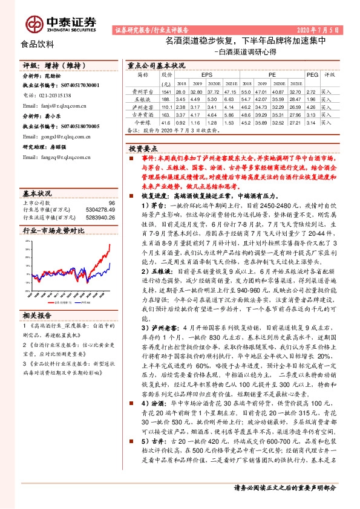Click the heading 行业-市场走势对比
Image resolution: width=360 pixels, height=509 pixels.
point(53,230)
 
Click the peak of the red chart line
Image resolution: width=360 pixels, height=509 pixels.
point(110,245)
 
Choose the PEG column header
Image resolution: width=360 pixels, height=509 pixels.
point(312,75)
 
